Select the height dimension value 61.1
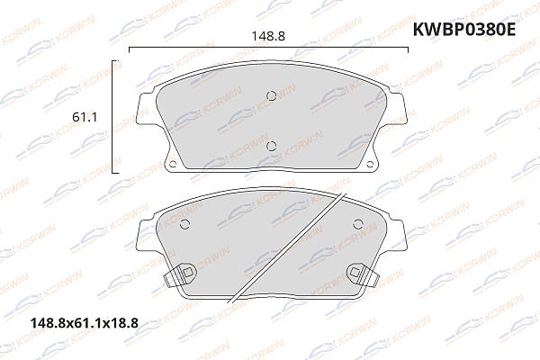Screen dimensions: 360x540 pos(85,117)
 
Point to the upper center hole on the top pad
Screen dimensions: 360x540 pos(272,97)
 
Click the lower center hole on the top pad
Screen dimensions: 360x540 pos(271,146)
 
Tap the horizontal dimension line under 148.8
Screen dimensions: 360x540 pos(269,49)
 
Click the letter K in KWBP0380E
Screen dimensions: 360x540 pos(418,30)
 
